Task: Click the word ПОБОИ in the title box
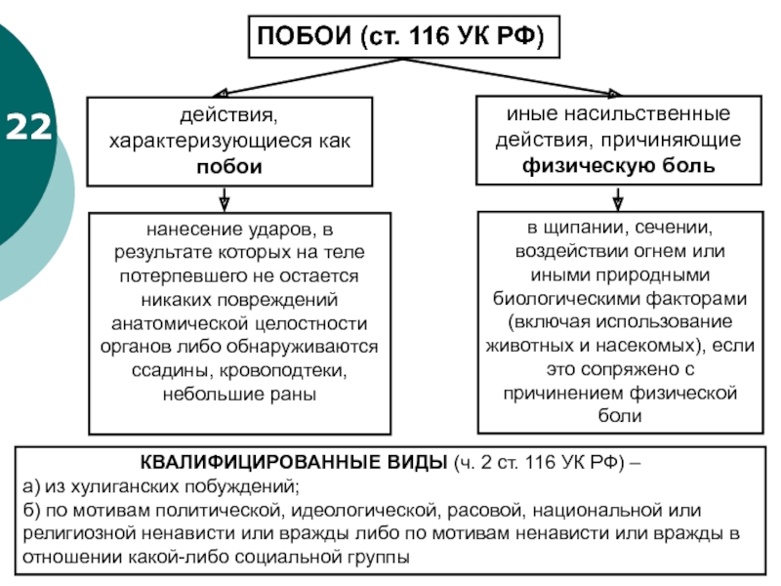point(304,36)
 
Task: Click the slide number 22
point(28,127)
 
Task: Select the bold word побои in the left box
point(229,167)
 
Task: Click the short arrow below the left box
point(225,200)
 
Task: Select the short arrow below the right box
point(618,198)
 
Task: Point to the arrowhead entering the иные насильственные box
point(615,93)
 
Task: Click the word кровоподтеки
point(283,371)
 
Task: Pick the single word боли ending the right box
point(620,416)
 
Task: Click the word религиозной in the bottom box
point(79,533)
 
